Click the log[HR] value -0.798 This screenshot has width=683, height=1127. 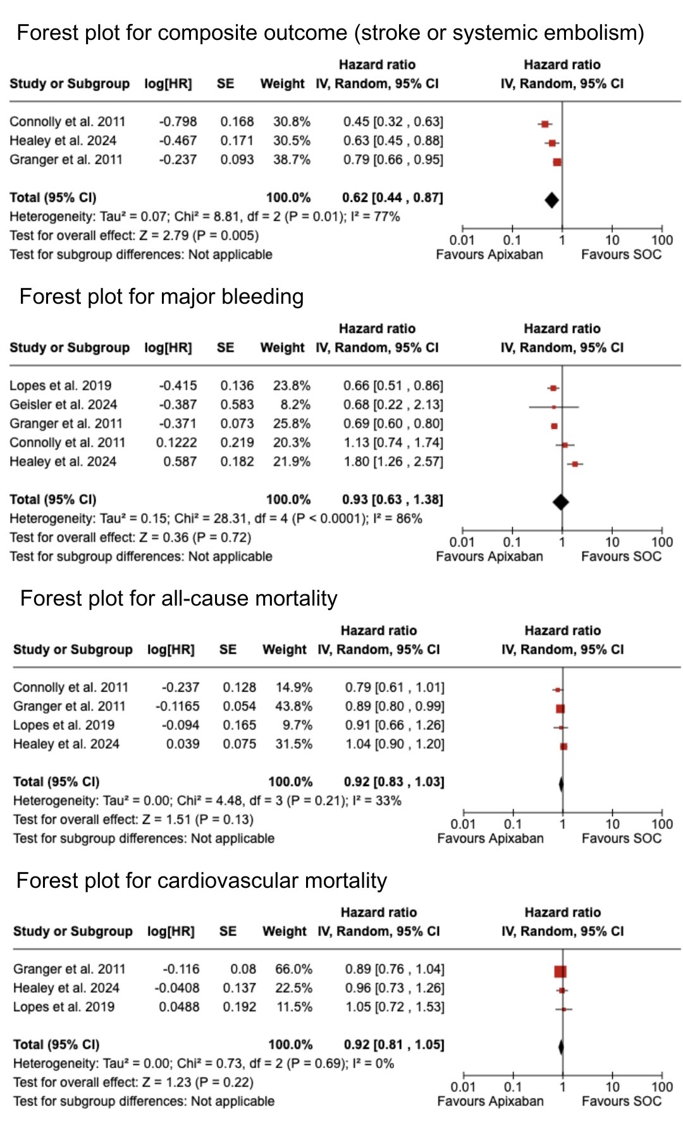(178, 121)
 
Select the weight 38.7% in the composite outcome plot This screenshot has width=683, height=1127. (292, 159)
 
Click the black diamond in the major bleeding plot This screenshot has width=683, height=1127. (560, 502)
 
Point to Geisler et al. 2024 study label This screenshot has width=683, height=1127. (63, 404)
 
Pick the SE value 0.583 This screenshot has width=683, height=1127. (237, 404)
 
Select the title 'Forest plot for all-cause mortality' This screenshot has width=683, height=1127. (179, 598)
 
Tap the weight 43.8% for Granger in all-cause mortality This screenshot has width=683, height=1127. (294, 706)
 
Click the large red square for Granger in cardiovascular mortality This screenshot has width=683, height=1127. (560, 971)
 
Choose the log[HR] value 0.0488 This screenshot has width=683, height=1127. (179, 1007)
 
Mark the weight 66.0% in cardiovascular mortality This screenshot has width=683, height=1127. (294, 969)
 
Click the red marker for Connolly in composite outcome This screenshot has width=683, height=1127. (545, 124)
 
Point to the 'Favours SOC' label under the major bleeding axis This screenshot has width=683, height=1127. (621, 556)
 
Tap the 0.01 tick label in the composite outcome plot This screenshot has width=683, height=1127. (462, 240)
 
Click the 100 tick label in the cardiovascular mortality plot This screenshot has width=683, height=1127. (662, 1087)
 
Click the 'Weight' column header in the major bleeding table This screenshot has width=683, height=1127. (282, 347)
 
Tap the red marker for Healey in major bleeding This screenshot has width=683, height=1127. (574, 464)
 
